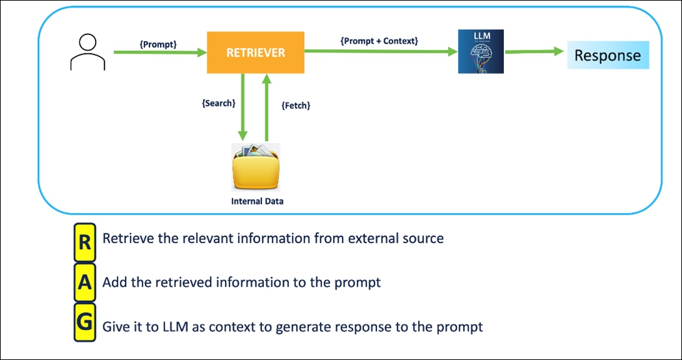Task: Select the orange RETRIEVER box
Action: tap(256, 53)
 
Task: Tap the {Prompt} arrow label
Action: tap(159, 44)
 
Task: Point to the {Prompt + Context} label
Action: tap(379, 40)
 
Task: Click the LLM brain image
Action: tap(480, 51)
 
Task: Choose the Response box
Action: tap(607, 55)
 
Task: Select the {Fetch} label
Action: tap(295, 105)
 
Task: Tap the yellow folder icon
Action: tap(256, 167)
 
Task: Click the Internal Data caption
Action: tap(257, 201)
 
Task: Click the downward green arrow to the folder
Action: tap(243, 107)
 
